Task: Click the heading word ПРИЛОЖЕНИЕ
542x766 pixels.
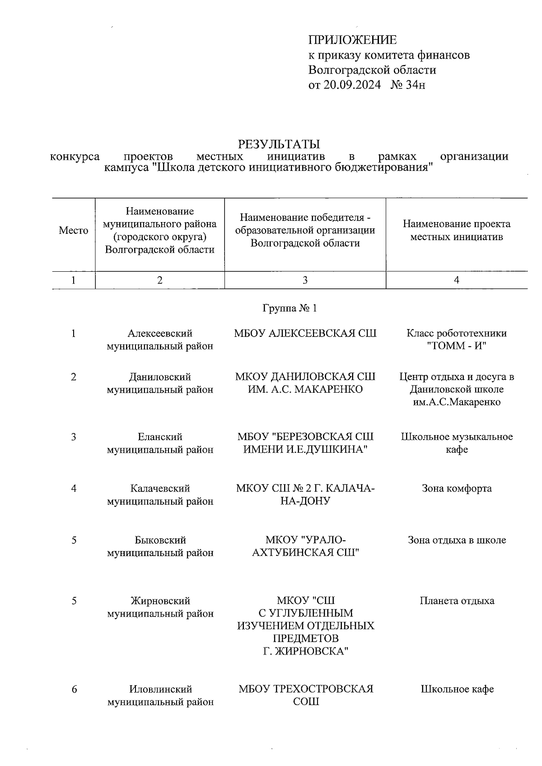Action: click(352, 40)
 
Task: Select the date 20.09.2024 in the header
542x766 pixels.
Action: click(352, 84)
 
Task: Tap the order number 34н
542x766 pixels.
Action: click(415, 84)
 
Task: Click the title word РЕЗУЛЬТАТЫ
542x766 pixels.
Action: click(279, 144)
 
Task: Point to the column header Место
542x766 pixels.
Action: click(73, 231)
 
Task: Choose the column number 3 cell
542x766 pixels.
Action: click(305, 280)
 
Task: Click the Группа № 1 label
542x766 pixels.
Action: click(290, 308)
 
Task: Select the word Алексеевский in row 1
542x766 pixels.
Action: click(160, 334)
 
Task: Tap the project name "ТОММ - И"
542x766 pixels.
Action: click(457, 346)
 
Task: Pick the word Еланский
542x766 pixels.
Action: click(160, 437)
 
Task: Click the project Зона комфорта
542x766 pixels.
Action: click(457, 488)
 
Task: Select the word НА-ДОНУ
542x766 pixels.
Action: click(305, 501)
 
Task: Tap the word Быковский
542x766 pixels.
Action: click(160, 540)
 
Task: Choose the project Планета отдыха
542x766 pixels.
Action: click(457, 601)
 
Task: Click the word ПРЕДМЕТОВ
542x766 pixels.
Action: click(305, 639)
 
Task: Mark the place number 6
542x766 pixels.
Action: click(73, 689)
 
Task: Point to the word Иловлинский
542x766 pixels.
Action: click(160, 689)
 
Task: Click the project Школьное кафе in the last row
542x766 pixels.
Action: click(457, 689)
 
